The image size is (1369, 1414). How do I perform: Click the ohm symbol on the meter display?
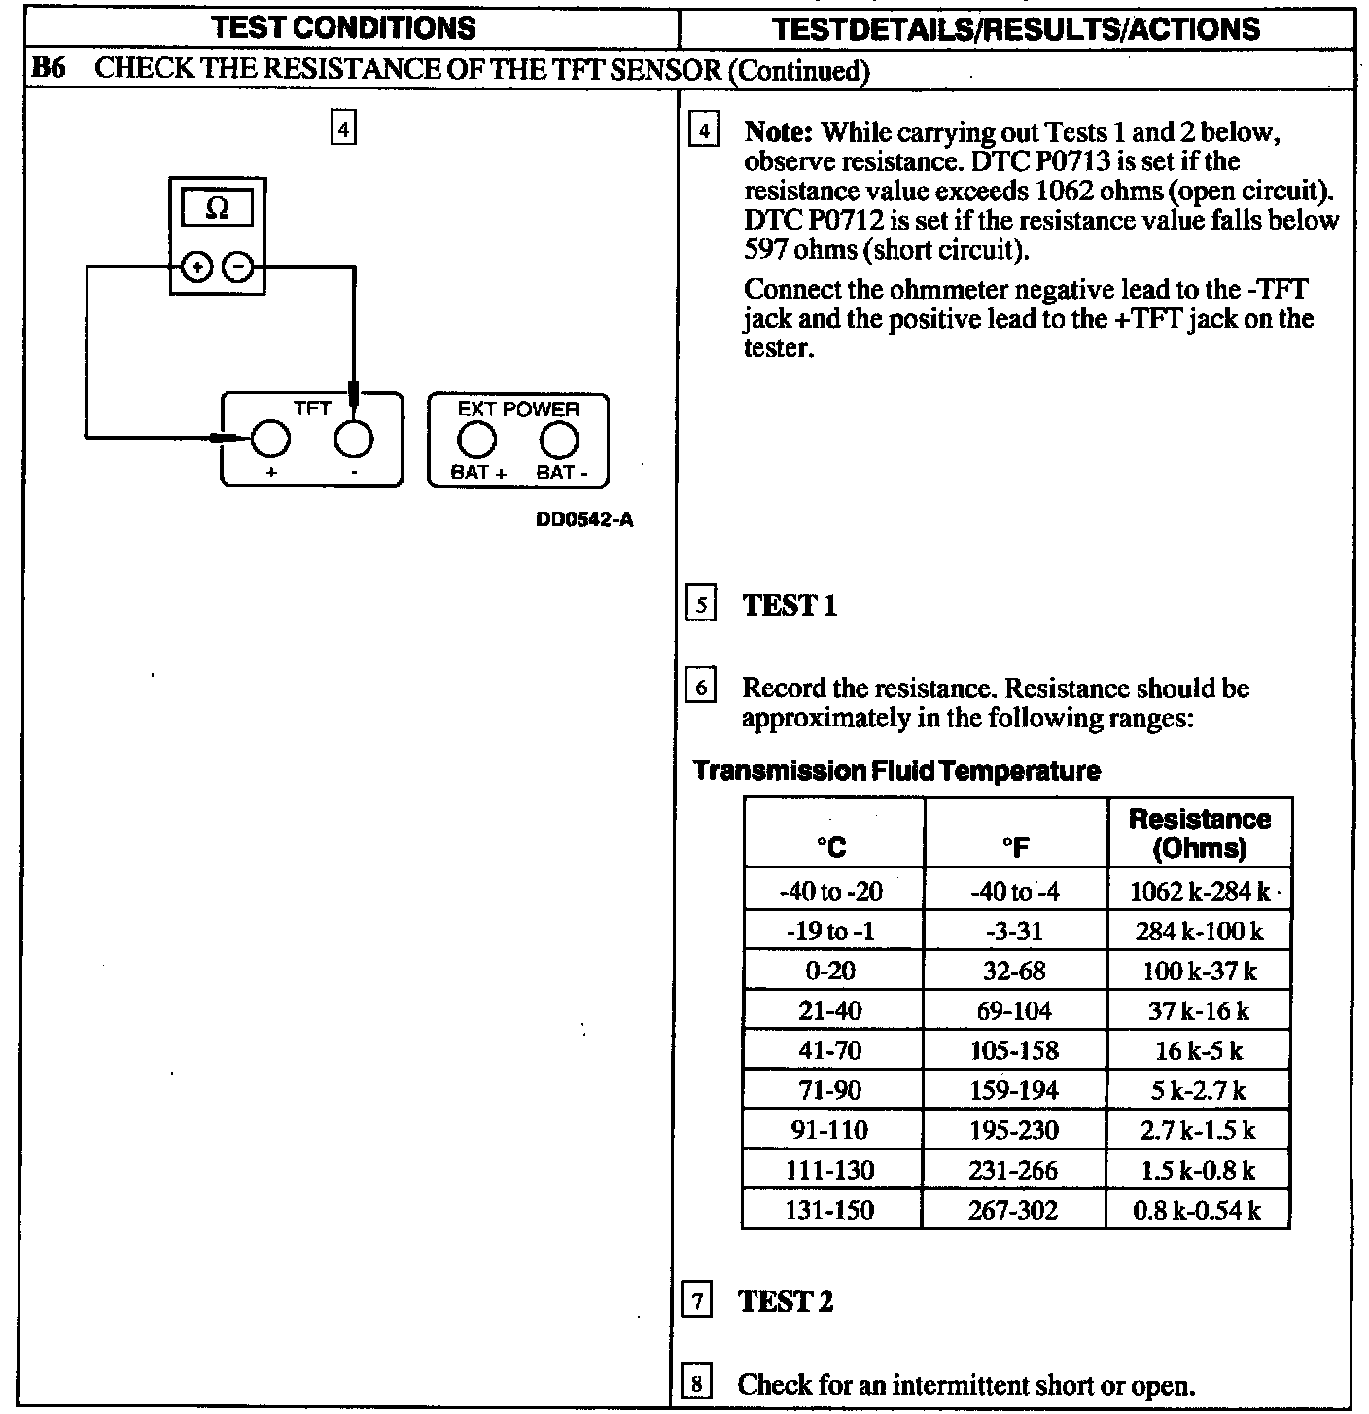(x=218, y=208)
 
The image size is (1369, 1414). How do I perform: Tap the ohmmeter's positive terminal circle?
(x=197, y=266)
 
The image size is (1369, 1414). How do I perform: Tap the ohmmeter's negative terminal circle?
(x=238, y=266)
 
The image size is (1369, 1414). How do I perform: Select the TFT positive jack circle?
(x=270, y=440)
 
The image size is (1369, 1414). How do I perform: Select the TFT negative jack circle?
(x=354, y=440)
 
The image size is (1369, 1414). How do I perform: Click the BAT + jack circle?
(x=476, y=442)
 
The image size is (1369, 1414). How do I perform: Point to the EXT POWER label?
(x=517, y=409)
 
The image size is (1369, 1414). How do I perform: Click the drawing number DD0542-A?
(x=584, y=519)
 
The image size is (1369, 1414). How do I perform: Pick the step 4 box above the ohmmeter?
(x=344, y=128)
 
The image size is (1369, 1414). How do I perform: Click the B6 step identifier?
(x=49, y=70)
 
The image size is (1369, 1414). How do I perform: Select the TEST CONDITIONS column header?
(x=344, y=27)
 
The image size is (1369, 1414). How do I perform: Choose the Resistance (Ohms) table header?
(x=1199, y=833)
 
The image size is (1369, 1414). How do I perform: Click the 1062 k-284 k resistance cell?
(x=1199, y=892)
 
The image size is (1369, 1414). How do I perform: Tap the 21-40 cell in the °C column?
(x=830, y=1011)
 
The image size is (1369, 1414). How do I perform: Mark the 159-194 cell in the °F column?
(x=1014, y=1091)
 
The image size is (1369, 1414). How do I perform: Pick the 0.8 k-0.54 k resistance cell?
(x=1197, y=1211)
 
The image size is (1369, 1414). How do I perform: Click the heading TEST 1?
(x=790, y=606)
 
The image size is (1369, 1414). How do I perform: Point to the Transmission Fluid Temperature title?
(x=896, y=771)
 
